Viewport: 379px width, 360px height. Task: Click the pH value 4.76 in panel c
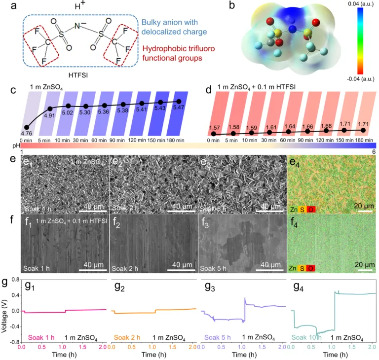pos(26,133)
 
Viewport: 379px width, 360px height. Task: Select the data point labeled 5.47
pos(178,101)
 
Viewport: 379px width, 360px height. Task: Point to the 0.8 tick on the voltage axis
pos(14,280)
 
